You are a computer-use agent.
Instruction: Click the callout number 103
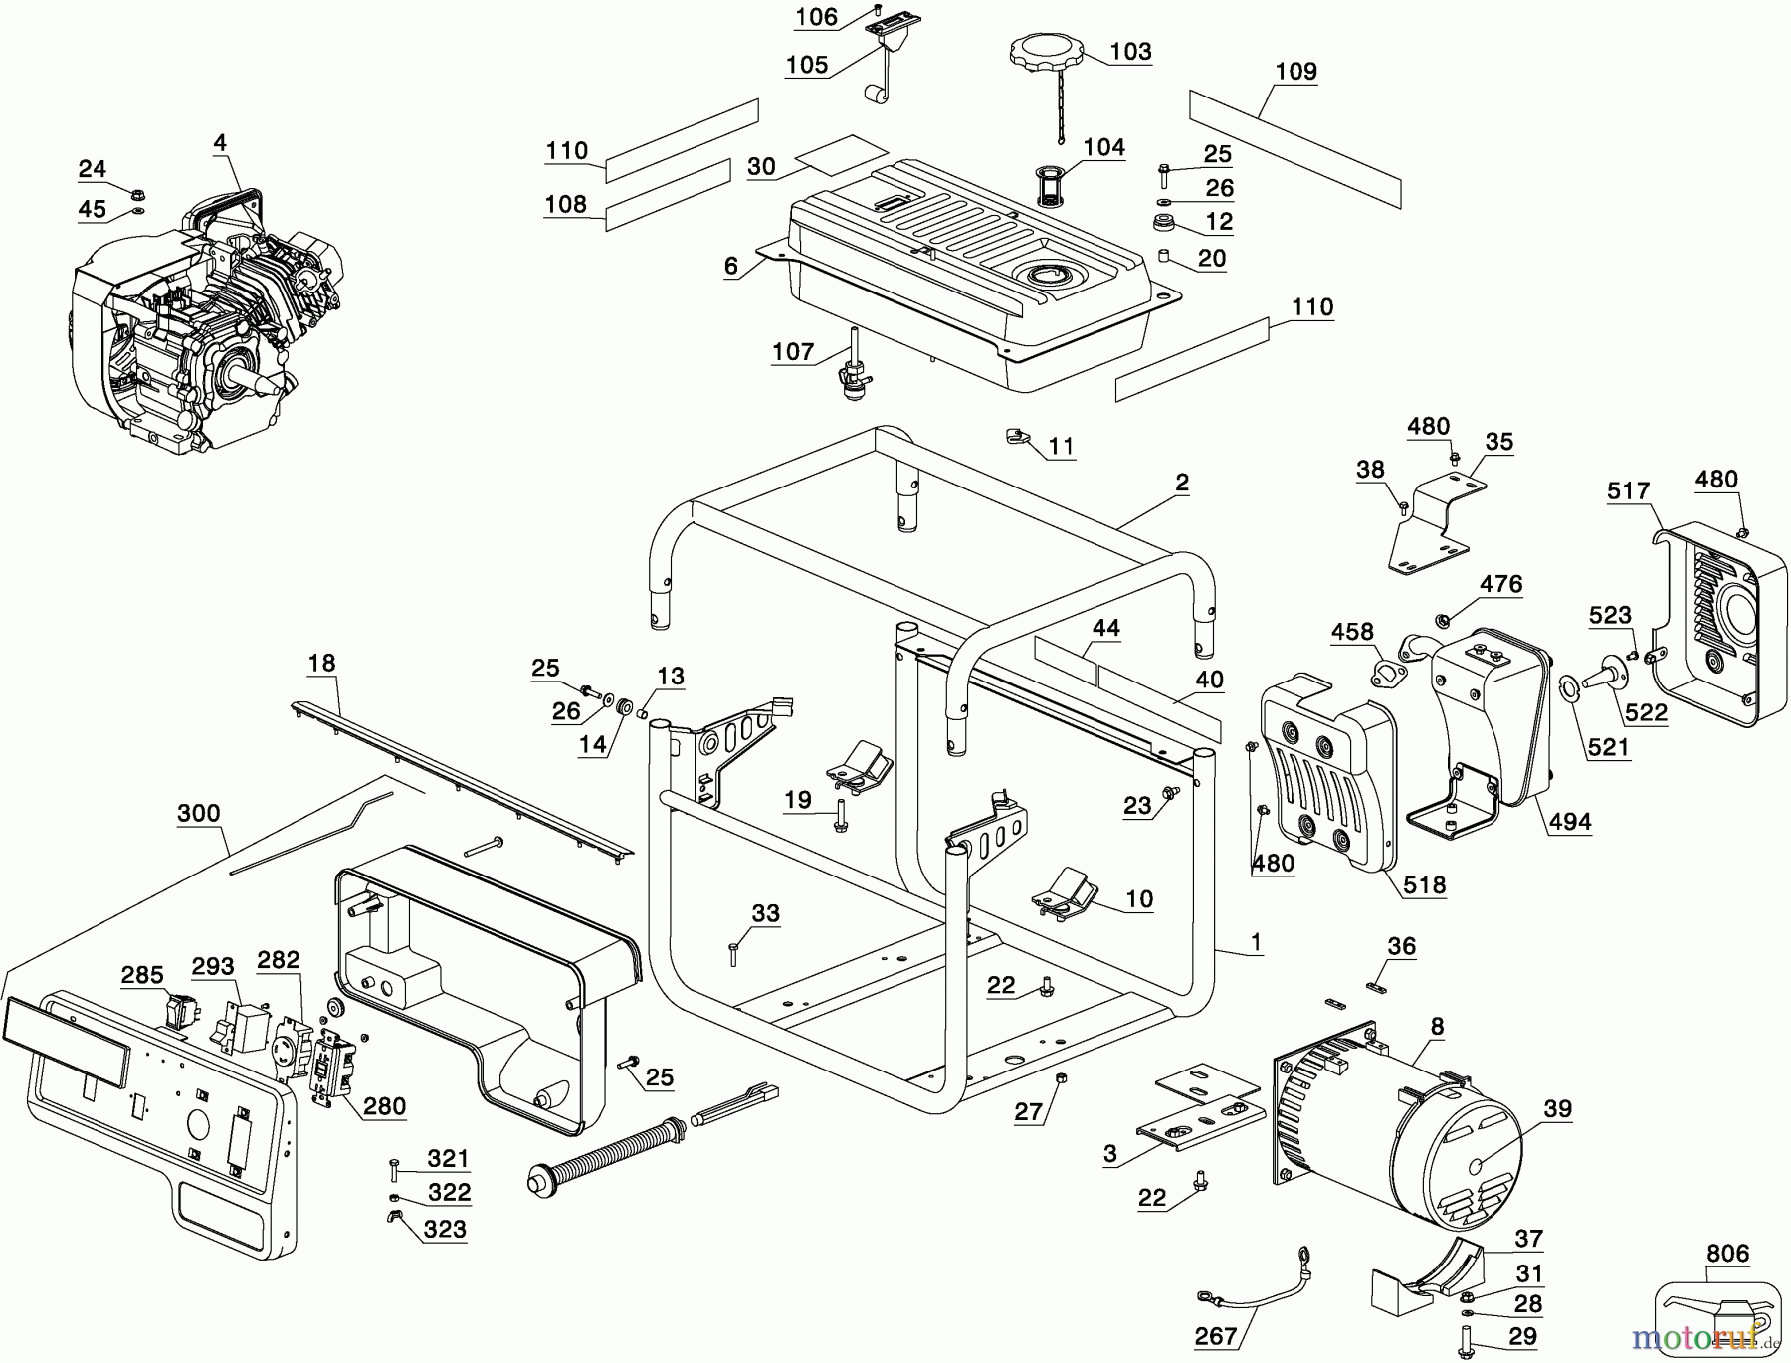1130,52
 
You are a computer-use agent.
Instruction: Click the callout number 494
1570,821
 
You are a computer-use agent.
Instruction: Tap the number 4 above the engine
220,143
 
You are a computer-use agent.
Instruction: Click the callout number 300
198,813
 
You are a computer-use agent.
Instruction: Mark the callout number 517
1628,490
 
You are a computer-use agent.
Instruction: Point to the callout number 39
1557,1110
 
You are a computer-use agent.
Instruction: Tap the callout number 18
321,663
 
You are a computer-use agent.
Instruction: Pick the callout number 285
142,975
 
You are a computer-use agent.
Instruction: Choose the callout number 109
1295,71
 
